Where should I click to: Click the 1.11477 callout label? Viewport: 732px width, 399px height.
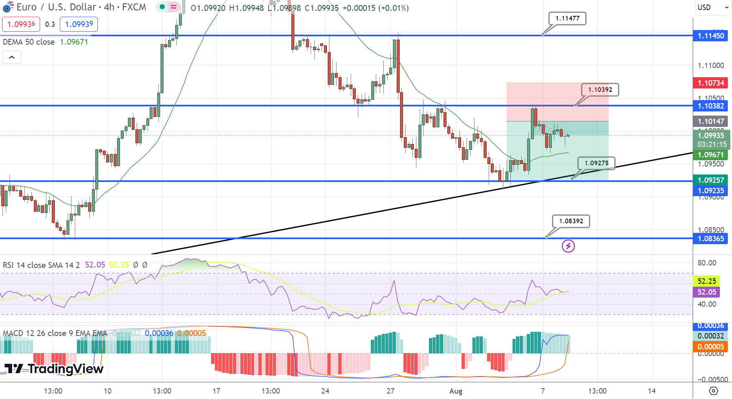point(567,18)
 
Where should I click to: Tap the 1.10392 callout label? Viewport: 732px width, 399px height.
point(600,90)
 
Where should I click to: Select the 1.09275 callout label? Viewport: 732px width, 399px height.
point(596,163)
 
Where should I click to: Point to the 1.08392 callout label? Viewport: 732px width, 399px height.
point(571,221)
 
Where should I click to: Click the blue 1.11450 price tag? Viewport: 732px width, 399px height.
point(710,36)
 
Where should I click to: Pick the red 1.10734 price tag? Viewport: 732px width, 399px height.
point(710,83)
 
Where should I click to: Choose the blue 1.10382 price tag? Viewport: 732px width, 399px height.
point(710,106)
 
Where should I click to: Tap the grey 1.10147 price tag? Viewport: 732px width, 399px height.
point(710,121)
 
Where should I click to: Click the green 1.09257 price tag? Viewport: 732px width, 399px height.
point(710,180)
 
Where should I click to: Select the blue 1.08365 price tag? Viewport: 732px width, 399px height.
point(710,239)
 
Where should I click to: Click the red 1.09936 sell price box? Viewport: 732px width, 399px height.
point(21,24)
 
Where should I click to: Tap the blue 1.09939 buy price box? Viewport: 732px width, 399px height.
point(79,24)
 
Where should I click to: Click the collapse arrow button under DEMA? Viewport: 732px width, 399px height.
point(12,57)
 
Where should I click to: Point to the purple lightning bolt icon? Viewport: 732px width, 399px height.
point(568,246)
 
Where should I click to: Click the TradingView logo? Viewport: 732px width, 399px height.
point(54,369)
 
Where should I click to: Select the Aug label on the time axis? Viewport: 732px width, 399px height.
point(456,391)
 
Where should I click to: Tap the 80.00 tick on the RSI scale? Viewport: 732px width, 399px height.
point(707,263)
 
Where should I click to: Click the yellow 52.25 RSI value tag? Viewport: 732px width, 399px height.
point(706,281)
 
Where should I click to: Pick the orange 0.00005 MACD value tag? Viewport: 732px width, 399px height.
point(710,347)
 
